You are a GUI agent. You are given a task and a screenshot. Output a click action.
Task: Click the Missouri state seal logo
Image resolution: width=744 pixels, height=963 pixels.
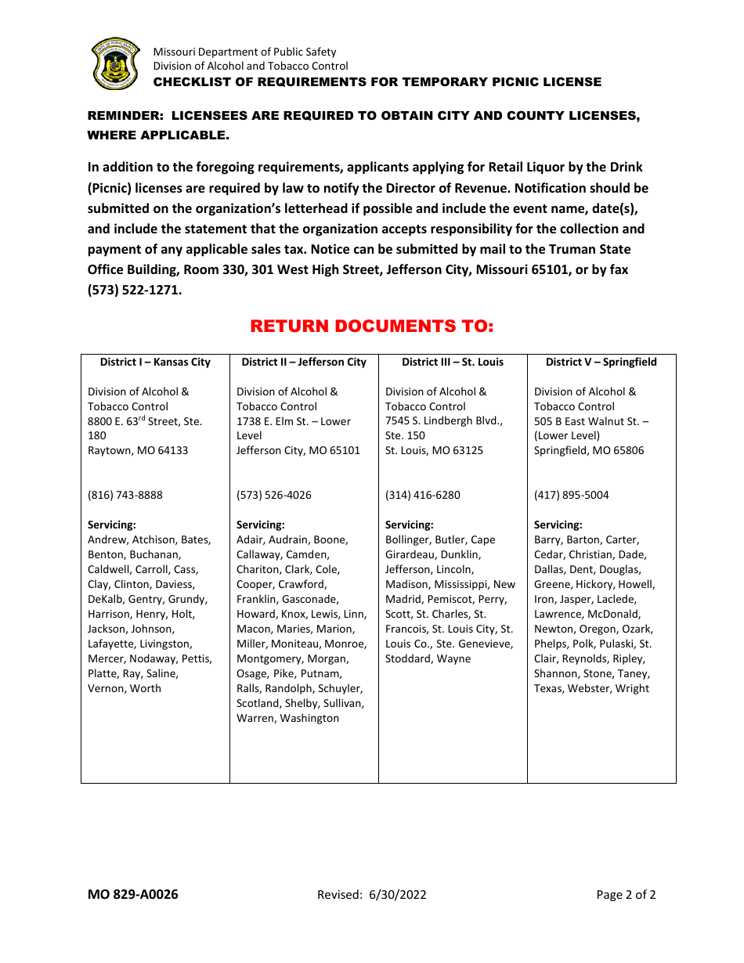115,64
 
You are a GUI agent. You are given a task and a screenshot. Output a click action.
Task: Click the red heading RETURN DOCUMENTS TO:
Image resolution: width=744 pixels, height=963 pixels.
372,326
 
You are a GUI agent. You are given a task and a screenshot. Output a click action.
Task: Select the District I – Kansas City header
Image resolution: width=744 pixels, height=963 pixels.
155,362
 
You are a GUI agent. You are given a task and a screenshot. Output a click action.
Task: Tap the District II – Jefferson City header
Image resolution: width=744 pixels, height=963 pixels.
304,362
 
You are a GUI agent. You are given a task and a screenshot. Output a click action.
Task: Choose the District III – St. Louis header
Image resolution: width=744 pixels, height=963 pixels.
453,362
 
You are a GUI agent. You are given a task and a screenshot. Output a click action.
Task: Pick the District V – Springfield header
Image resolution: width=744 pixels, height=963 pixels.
601,362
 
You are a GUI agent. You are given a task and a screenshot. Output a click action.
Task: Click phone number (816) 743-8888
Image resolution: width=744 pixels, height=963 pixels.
125,495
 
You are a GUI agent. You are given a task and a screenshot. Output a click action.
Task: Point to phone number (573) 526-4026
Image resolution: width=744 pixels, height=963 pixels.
274,495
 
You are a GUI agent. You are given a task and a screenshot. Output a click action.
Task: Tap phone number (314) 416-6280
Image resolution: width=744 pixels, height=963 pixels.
423,495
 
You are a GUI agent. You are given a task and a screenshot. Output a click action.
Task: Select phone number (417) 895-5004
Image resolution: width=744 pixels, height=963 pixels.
572,495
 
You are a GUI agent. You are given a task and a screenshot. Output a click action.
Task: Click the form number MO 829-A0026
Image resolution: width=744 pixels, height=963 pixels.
133,894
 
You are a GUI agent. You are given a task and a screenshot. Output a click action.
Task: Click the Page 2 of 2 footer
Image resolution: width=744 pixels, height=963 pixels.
626,895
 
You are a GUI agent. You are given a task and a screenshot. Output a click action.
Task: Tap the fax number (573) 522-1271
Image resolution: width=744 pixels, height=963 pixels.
134,290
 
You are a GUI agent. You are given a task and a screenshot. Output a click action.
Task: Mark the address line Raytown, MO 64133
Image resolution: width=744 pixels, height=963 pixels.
138,450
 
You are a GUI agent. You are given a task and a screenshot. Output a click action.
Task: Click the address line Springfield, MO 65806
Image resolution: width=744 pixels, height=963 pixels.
589,450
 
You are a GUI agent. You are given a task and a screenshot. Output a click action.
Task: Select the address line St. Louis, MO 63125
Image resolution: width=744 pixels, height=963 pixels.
434,450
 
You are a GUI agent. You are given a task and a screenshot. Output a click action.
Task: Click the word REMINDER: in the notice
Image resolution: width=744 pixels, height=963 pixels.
125,116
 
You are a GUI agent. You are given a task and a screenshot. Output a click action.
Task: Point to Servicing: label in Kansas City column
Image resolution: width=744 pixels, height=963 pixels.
112,525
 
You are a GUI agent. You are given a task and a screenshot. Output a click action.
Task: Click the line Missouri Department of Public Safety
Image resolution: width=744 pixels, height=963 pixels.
244,52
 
